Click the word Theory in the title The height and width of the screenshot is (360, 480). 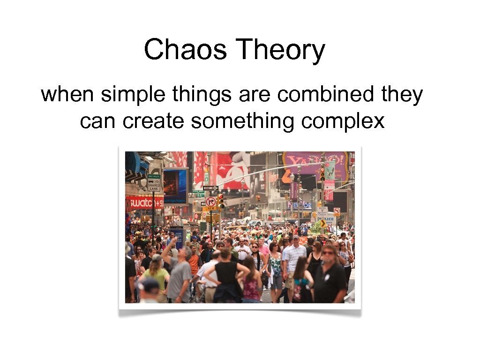pyautogui.click(x=280, y=51)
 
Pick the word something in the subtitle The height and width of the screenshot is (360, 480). pyautogui.click(x=243, y=121)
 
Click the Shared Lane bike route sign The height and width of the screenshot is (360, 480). pyautogui.click(x=154, y=183)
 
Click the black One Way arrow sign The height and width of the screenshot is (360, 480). pyautogui.click(x=210, y=188)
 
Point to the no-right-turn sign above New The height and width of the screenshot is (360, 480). pyautogui.click(x=210, y=201)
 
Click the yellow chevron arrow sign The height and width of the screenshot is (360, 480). pyautogui.click(x=322, y=224)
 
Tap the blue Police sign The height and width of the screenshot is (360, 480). pyautogui.click(x=327, y=218)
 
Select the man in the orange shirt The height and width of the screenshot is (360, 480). pyautogui.click(x=194, y=262)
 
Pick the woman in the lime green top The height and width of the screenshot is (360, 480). pyautogui.click(x=156, y=277)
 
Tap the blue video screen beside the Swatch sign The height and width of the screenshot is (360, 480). pyautogui.click(x=175, y=186)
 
